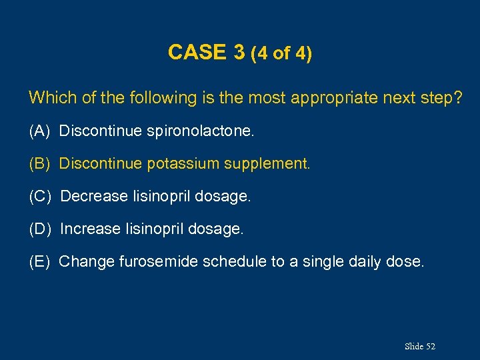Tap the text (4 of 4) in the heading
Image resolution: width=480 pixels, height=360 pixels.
(x=281, y=53)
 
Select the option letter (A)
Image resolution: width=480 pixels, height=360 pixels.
(x=40, y=131)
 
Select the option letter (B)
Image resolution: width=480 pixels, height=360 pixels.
(x=40, y=163)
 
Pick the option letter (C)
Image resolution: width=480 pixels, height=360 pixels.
(x=41, y=197)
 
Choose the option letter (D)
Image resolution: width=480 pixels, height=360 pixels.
(x=41, y=229)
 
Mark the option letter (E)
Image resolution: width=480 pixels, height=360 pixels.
(x=40, y=261)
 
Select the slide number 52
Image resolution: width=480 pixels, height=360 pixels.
(x=430, y=346)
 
